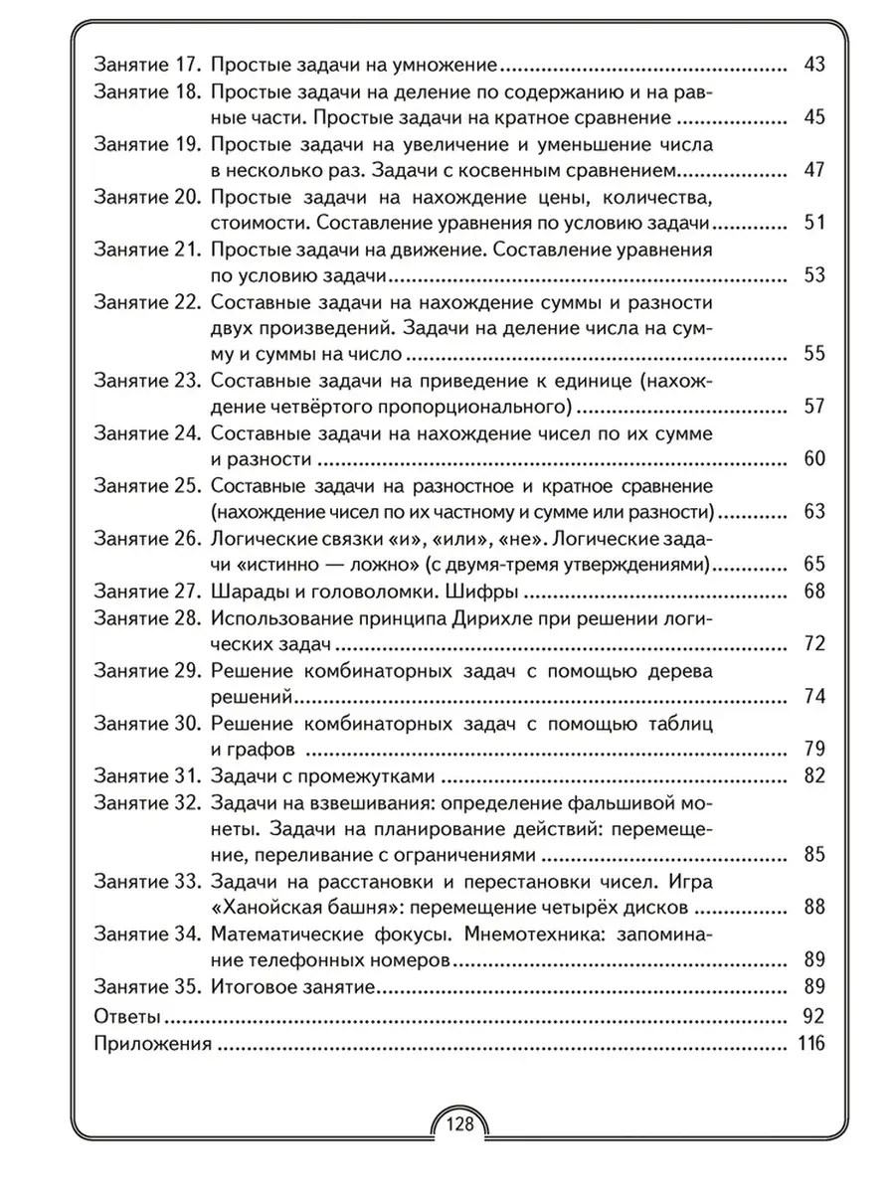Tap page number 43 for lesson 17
[x=814, y=66]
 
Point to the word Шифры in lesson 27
[x=486, y=593]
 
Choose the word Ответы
[x=126, y=1016]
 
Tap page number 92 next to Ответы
[x=813, y=1016]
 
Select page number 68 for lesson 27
[x=814, y=593]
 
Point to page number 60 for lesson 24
[x=814, y=459]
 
